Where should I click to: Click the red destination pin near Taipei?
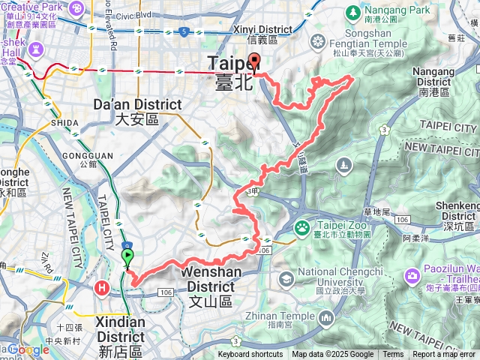254,63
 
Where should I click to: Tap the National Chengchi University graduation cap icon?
286,279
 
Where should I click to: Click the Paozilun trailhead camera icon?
412,276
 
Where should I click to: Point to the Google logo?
28,349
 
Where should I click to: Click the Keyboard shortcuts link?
250,355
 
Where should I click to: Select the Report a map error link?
445,355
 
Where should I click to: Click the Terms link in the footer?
393,355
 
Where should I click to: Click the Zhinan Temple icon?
325,319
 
